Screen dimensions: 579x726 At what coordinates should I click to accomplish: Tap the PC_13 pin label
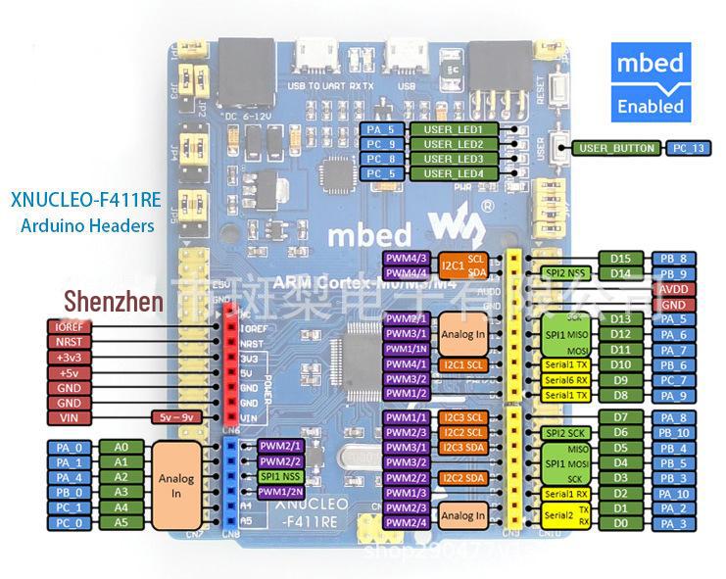[x=687, y=148]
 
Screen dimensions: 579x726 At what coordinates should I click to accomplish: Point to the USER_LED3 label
[x=454, y=159]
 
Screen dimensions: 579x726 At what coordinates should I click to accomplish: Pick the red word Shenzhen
[x=114, y=301]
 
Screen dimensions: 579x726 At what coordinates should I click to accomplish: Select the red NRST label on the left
[x=70, y=343]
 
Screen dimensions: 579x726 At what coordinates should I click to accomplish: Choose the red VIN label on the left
[x=70, y=417]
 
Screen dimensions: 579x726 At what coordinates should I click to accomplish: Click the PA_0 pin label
[x=69, y=447]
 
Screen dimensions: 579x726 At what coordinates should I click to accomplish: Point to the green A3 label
[x=121, y=492]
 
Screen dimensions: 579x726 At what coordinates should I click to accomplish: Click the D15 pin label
[x=620, y=259]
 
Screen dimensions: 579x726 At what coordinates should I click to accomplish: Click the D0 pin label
[x=620, y=524]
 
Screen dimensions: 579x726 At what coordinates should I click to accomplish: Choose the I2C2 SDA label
[x=463, y=478]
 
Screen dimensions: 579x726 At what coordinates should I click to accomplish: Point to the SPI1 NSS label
[x=279, y=476]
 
